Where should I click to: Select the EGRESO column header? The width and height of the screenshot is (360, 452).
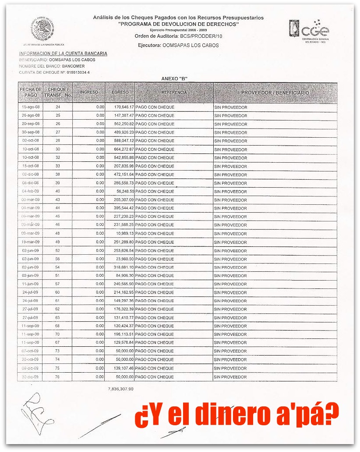120,93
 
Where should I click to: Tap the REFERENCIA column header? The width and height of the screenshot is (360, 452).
174,93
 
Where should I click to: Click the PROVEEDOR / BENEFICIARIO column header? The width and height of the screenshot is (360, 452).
275,93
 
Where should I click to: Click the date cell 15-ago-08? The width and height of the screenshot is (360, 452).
30,107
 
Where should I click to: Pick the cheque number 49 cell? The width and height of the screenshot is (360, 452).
58,242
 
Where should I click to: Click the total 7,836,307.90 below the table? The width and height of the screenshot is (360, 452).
120,389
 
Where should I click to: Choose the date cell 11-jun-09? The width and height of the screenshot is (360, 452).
30,284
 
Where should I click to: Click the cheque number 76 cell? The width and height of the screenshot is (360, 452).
58,377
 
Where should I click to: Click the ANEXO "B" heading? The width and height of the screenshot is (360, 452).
174,78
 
